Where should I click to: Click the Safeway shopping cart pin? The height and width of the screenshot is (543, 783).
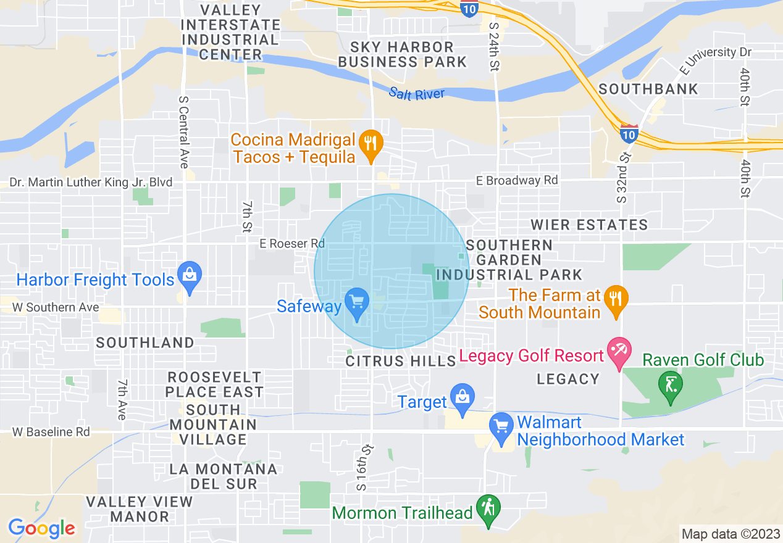point(356,302)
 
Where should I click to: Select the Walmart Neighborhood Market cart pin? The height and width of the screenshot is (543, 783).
point(501,427)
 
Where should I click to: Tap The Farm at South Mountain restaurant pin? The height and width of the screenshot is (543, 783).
point(616,300)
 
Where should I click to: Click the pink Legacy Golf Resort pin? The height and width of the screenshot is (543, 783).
point(618,352)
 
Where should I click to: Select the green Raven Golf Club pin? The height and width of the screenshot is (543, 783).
point(671,386)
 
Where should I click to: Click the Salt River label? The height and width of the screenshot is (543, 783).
point(417,94)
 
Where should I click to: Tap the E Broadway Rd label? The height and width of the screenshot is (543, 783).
point(517,181)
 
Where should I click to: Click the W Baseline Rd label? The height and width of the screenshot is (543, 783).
point(51,432)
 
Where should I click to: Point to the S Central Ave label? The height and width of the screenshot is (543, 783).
point(183,131)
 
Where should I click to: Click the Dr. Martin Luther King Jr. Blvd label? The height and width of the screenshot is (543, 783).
point(90,183)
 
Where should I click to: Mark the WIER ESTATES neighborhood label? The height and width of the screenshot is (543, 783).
point(589,225)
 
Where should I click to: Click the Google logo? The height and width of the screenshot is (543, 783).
point(41,528)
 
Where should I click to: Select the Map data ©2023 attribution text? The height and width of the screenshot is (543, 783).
point(729,534)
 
